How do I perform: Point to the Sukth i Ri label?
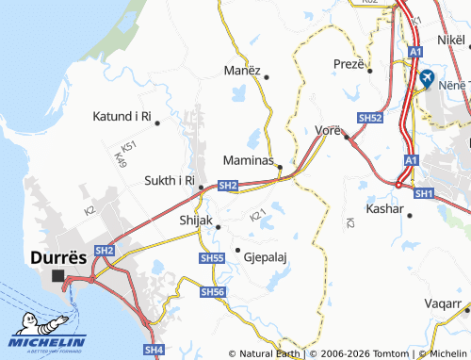point(169,180)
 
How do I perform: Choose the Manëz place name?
point(241,71)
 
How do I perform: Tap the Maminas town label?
point(248,160)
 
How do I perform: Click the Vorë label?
point(328,128)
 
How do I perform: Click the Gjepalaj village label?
point(265,255)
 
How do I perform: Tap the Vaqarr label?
point(445,305)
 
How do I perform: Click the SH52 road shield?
point(370,119)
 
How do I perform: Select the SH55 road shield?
point(212,257)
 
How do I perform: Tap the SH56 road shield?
point(214,293)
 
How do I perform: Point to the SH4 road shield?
point(154,350)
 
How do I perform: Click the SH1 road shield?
point(423,193)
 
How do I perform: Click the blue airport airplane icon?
point(427,76)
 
